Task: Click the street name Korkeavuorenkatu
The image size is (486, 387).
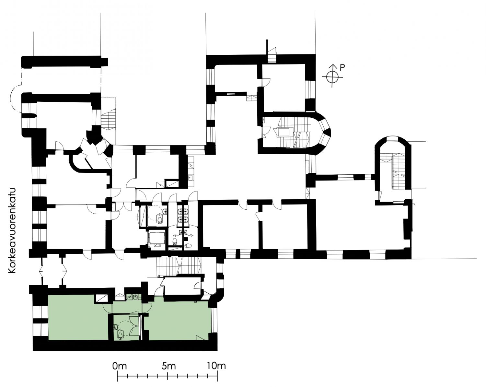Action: click(12, 230)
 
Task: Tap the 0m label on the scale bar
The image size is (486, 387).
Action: click(120, 366)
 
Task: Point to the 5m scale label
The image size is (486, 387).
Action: click(169, 366)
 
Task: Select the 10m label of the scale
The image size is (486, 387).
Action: click(216, 366)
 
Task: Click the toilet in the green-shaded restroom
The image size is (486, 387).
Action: click(121, 336)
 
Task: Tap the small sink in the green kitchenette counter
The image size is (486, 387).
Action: click(135, 297)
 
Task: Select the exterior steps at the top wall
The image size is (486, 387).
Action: click(272, 55)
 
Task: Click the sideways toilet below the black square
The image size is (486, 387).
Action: click(188, 246)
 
